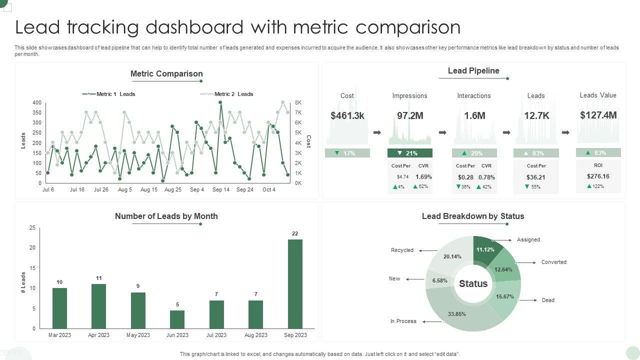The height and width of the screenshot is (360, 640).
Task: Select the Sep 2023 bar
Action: click(x=295, y=283)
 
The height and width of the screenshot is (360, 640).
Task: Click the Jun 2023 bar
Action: click(x=177, y=319)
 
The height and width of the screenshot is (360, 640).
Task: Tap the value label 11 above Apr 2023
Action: click(x=99, y=278)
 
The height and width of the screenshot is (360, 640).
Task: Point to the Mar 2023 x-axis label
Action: click(x=59, y=335)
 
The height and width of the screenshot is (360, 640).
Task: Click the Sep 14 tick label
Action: click(x=221, y=190)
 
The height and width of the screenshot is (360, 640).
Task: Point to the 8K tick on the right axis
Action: click(x=298, y=102)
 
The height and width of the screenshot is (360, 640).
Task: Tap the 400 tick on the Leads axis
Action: click(x=37, y=102)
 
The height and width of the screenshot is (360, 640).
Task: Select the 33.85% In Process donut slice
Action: click(x=456, y=314)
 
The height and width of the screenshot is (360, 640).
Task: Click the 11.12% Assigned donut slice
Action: click(x=485, y=249)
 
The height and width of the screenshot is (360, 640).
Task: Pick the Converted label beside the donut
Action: click(x=553, y=262)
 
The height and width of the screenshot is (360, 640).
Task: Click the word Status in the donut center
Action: click(x=473, y=284)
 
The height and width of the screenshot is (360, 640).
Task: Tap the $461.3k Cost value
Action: click(x=347, y=115)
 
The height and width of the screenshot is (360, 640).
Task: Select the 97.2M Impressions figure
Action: click(x=410, y=115)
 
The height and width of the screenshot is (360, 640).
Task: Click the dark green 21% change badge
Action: click(x=409, y=153)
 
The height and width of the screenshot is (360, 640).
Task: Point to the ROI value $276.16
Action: click(x=598, y=176)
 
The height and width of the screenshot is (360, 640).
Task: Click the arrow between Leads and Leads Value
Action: click(x=565, y=132)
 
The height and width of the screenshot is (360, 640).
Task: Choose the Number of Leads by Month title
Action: click(x=166, y=216)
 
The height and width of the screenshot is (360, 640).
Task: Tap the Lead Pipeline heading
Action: click(x=473, y=71)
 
